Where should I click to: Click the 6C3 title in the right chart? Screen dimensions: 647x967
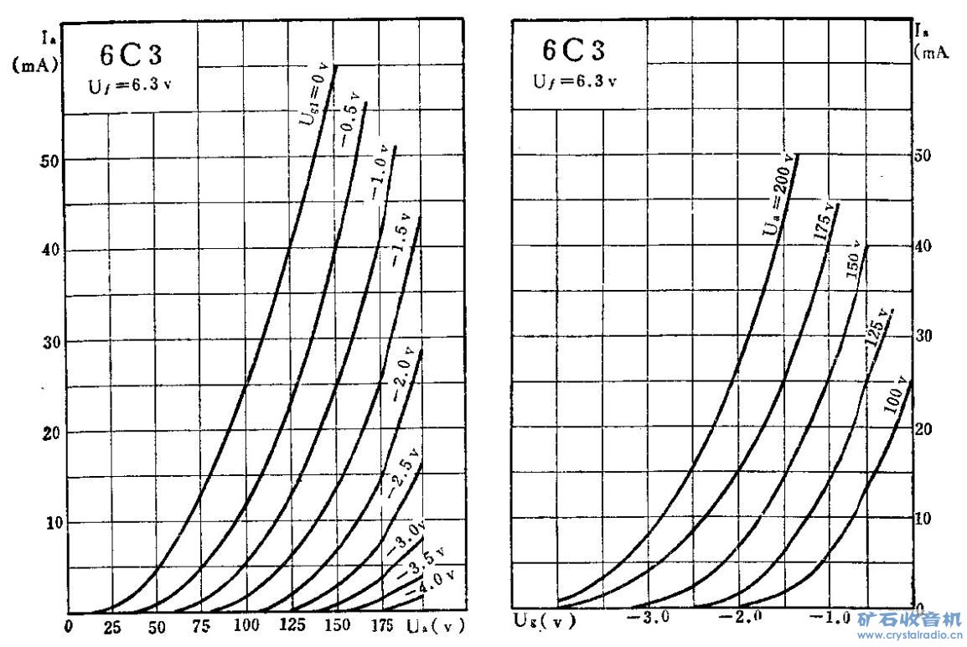point(573,50)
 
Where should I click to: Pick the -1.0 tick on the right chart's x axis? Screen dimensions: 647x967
point(829,619)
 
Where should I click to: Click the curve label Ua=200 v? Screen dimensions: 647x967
point(779,198)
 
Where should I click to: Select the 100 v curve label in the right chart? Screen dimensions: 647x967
point(896,396)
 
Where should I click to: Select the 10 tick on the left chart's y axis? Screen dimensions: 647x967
point(52,522)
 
